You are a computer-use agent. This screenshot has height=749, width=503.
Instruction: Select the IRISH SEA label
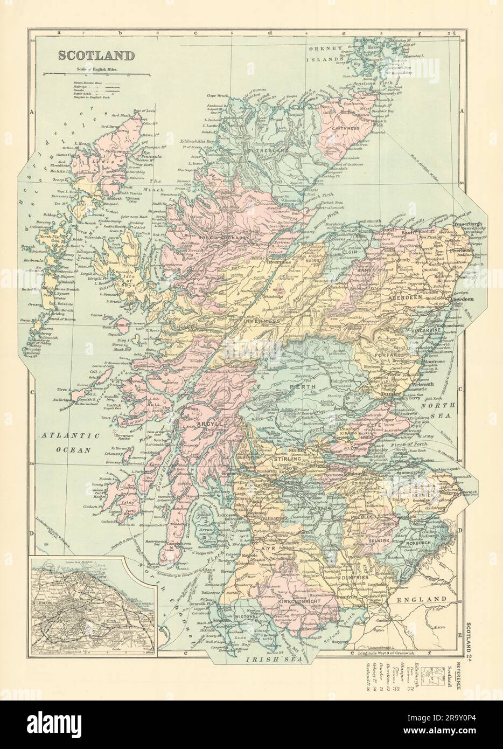point(266,658)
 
